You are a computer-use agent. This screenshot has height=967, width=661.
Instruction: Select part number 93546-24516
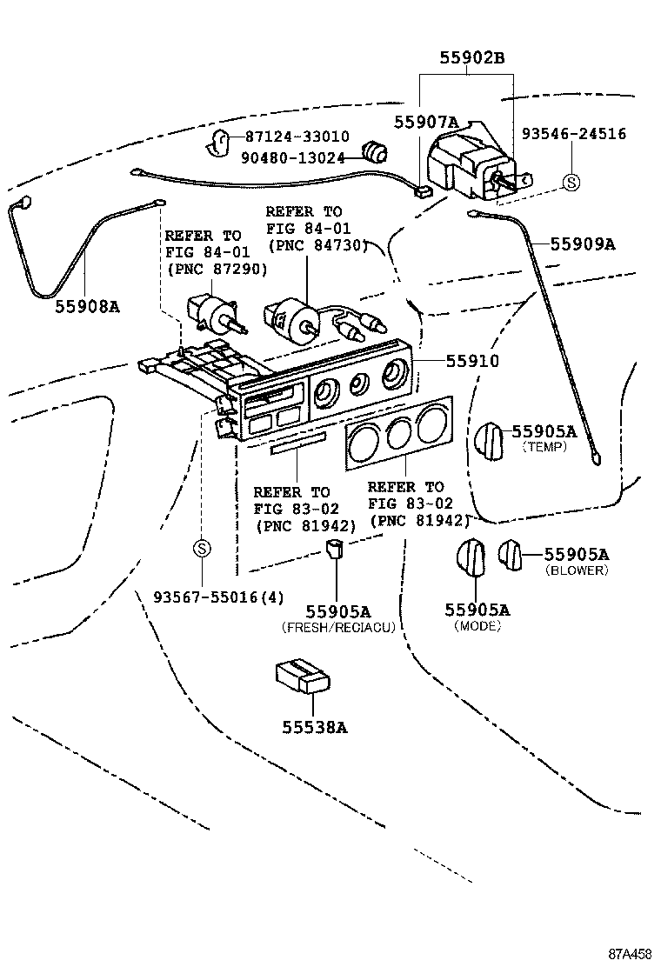point(573,134)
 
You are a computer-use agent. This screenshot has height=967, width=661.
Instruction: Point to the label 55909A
point(582,244)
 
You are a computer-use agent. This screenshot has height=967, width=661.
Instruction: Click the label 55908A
point(87,306)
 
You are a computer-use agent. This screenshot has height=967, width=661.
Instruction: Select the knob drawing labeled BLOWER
point(510,554)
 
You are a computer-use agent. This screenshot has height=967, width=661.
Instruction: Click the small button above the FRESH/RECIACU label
point(336,550)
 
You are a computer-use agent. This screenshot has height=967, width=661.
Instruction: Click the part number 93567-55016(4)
point(218,597)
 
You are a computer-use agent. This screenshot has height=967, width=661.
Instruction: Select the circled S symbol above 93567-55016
point(201,549)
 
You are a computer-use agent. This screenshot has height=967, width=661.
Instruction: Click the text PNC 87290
point(216,270)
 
